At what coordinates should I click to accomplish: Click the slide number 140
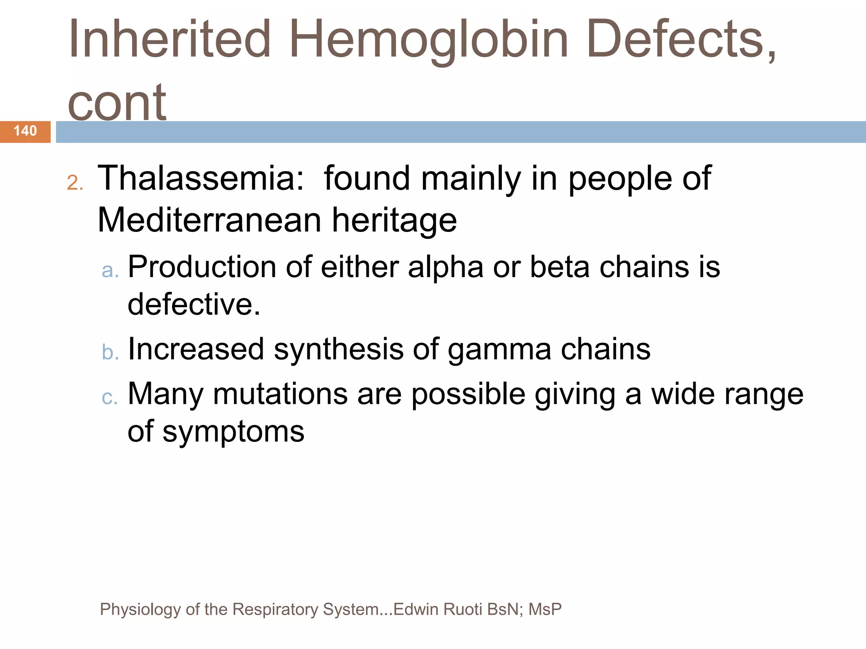click(x=25, y=131)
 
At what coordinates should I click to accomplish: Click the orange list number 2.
click(x=75, y=183)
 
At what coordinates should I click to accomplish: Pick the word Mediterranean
click(x=209, y=220)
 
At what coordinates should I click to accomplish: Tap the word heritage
click(x=394, y=221)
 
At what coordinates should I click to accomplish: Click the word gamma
click(x=499, y=350)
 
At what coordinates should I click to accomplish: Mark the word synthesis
click(x=339, y=349)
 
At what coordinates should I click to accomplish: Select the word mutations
click(x=280, y=394)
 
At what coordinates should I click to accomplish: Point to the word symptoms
click(x=233, y=432)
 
